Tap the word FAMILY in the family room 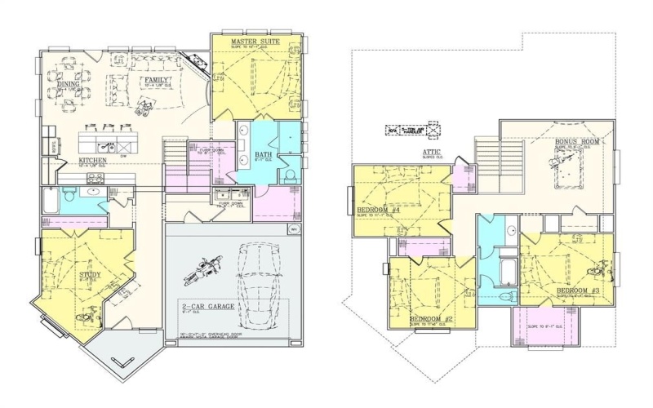159,79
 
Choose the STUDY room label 91,276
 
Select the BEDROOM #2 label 431,317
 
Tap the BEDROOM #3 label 578,291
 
